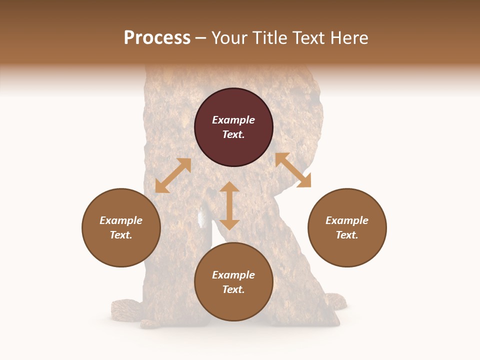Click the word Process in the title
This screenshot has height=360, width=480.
tap(157, 38)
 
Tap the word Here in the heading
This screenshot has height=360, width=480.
tap(348, 38)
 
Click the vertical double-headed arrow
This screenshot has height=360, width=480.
tap(229, 205)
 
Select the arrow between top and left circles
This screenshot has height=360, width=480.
tap(173, 175)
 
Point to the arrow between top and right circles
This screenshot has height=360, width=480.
tap(293, 170)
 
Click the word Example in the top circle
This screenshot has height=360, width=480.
tap(233, 120)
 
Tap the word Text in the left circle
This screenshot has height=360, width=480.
tap(121, 235)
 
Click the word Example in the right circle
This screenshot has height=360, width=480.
tap(347, 220)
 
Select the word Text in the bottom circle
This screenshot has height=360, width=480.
tap(233, 289)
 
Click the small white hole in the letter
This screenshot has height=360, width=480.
tap(203, 217)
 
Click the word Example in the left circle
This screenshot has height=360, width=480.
tap(121, 220)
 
